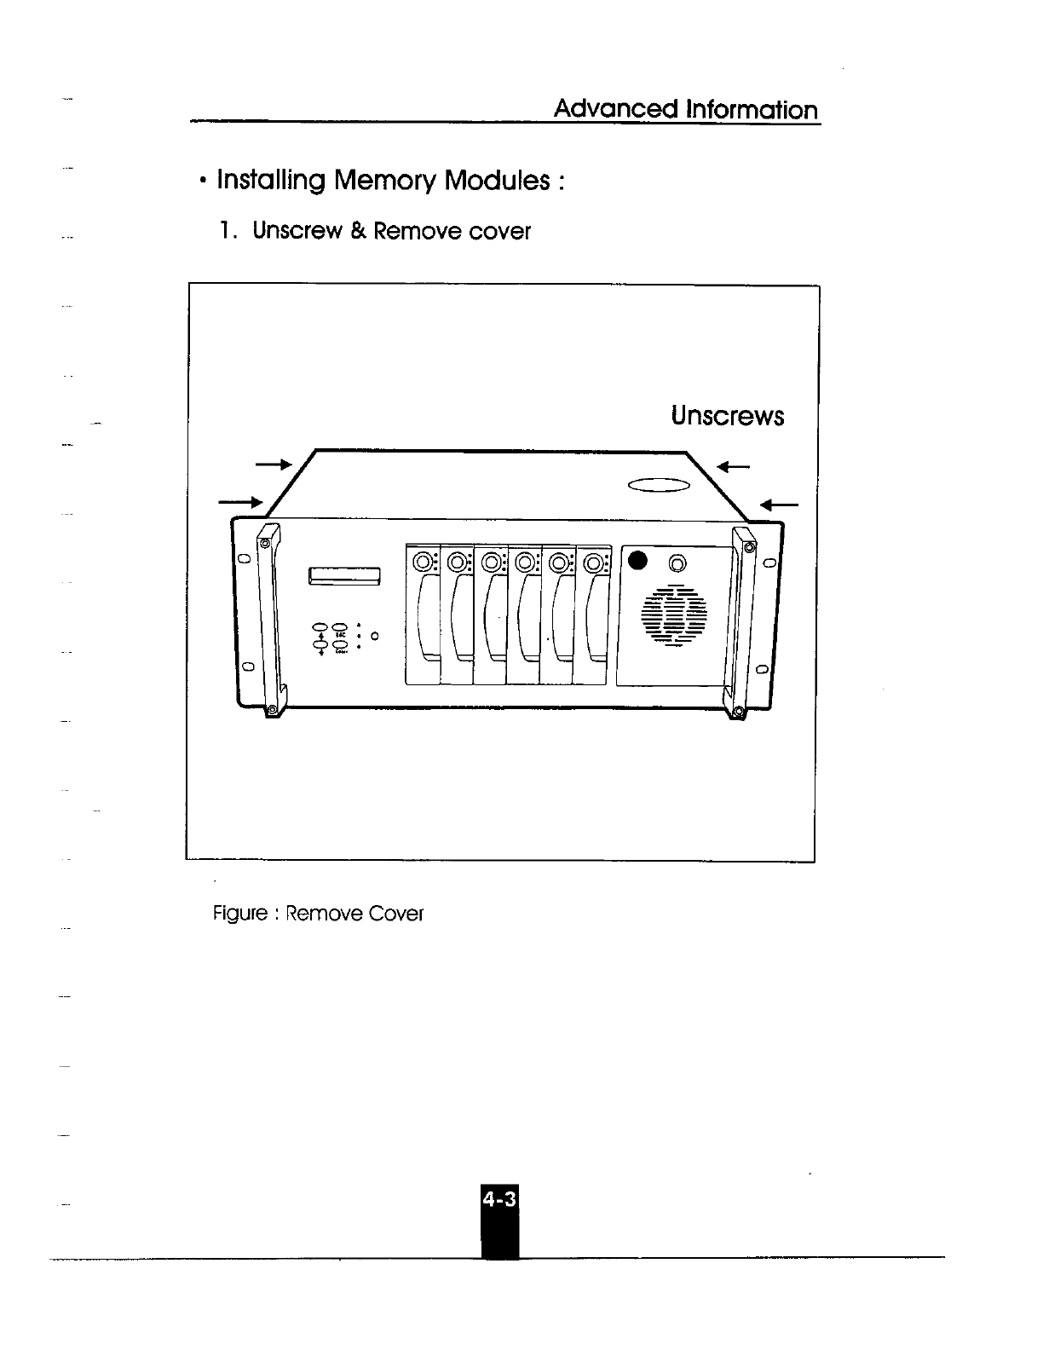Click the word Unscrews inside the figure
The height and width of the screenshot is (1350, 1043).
point(727,416)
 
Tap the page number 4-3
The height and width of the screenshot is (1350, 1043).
point(499,1199)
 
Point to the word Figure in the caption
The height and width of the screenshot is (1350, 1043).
point(239,914)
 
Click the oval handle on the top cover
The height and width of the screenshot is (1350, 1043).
point(657,486)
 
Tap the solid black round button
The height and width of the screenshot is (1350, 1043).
point(637,562)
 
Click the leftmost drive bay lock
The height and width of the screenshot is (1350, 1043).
point(422,562)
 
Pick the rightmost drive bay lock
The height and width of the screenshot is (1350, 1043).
point(594,563)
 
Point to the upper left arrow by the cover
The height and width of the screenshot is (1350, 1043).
point(274,464)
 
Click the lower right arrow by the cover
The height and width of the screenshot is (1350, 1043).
point(778,505)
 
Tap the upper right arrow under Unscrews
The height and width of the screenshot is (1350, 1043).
point(734,466)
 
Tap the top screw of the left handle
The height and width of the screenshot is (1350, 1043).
point(265,543)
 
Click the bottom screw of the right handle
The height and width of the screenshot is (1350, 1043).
point(737,711)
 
